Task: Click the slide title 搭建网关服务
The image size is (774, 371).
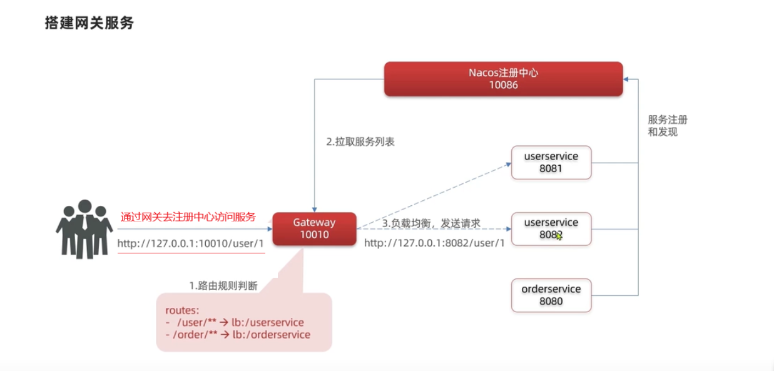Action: point(89,23)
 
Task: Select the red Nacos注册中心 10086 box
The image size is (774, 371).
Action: point(503,79)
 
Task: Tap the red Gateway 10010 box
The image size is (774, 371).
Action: point(314,229)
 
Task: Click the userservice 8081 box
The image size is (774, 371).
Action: point(551,163)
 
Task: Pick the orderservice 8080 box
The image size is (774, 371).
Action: point(551,295)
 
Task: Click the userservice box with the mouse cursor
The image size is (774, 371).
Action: point(551,229)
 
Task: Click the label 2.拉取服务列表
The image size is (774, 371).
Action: point(360,142)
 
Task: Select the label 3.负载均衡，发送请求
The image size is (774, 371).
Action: point(431,223)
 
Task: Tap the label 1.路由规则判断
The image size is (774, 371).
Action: point(223,286)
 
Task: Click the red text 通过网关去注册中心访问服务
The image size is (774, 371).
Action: point(188,217)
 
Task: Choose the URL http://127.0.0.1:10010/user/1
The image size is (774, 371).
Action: point(191,243)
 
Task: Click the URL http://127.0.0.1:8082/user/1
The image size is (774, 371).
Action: point(434,243)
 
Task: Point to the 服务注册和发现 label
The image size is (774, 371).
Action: point(668,126)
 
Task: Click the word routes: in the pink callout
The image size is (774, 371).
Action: point(182,310)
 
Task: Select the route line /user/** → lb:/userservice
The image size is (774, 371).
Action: point(236,323)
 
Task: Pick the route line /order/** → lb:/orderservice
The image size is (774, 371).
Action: point(238,335)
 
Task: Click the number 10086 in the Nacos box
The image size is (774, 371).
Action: point(503,85)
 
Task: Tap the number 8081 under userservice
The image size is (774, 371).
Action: point(551,168)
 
